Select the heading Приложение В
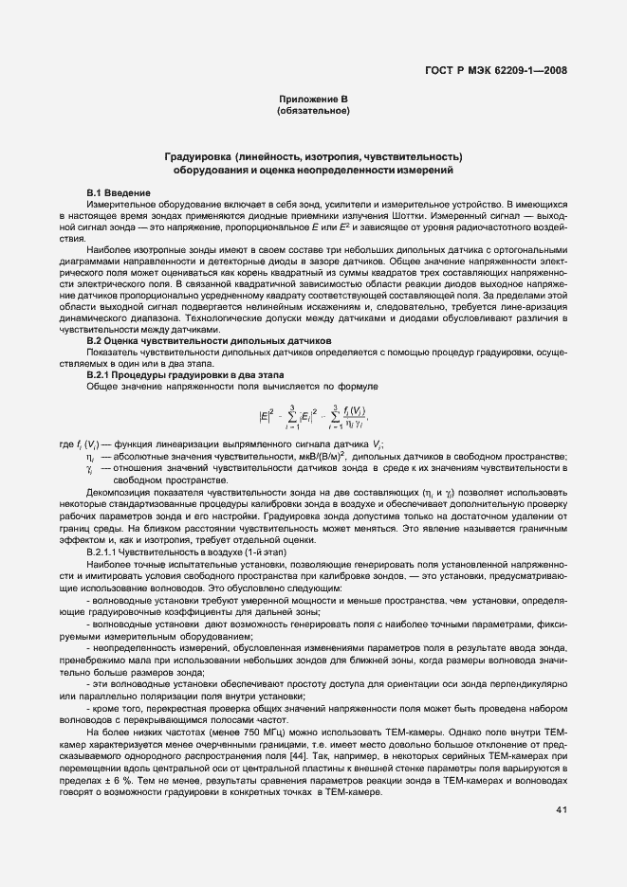pos(313,100)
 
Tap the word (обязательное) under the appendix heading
pos(313,112)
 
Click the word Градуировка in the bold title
pos(196,155)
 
